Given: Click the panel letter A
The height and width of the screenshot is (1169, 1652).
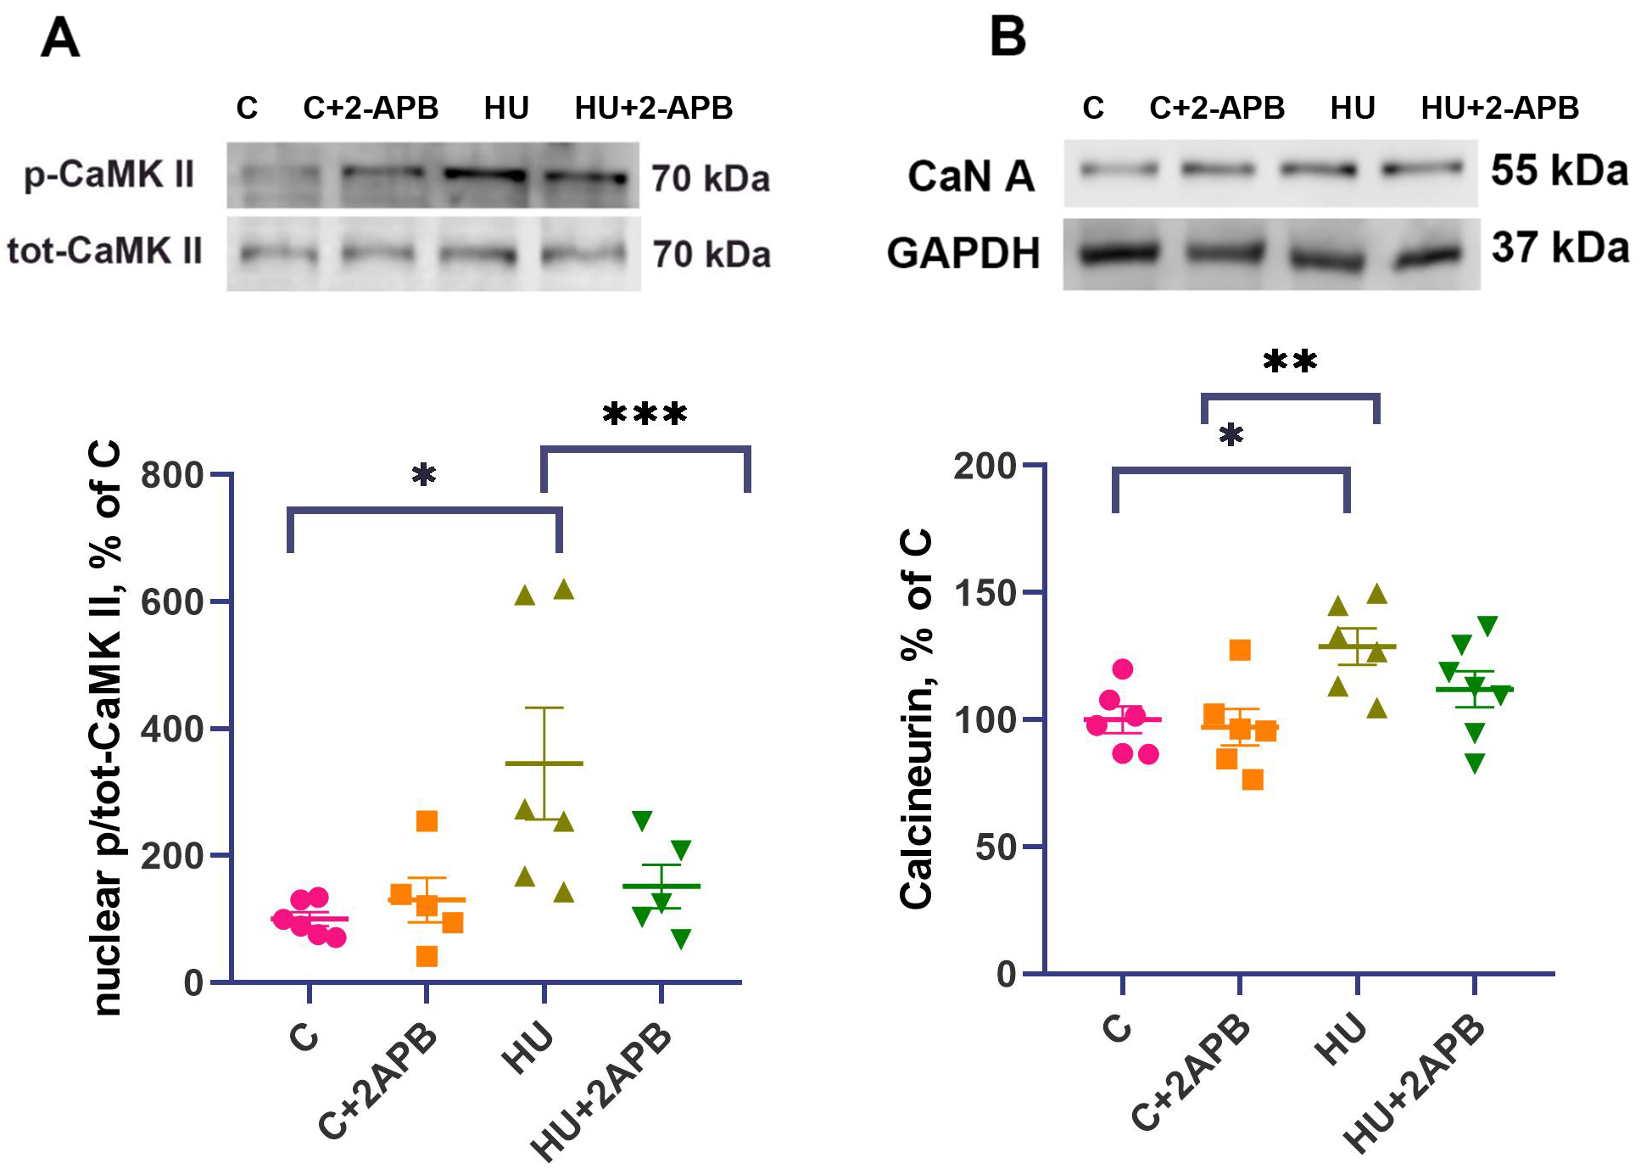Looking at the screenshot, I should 60,38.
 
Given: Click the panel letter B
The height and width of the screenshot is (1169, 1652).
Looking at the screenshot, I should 1007,38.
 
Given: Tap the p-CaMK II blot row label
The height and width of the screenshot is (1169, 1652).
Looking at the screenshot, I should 109,175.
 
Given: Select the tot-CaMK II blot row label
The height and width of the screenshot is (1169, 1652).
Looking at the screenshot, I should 104,251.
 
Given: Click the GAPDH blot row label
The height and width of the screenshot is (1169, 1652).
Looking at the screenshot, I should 963,254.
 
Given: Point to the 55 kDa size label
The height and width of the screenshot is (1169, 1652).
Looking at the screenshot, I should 1560,171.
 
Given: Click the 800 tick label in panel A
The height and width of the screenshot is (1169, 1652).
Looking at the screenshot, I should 173,475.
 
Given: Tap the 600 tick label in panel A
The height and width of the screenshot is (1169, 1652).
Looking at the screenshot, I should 173,602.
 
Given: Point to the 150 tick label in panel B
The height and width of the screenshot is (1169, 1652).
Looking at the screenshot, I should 985,593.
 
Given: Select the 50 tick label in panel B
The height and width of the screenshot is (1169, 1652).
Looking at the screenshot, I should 996,847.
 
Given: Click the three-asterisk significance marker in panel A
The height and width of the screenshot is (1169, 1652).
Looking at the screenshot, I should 645,415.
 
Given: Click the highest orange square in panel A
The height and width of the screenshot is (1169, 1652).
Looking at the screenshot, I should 427,821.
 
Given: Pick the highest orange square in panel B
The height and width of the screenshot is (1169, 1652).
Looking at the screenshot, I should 1240,651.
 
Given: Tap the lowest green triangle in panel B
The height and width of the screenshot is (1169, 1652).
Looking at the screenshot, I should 1475,763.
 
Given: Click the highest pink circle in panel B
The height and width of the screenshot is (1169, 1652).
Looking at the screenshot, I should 1123,669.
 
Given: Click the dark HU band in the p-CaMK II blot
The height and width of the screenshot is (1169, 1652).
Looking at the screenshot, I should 485,175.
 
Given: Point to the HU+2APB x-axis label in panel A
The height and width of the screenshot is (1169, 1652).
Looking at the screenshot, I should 602,1090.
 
